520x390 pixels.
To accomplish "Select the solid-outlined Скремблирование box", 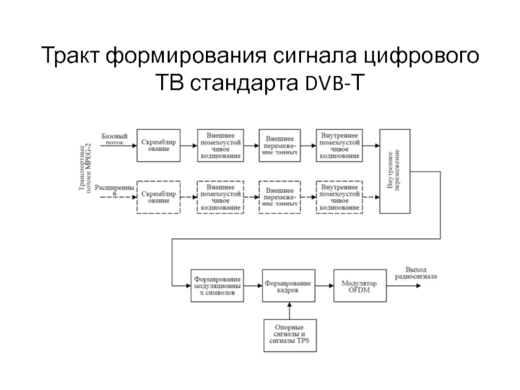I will tap(159, 145).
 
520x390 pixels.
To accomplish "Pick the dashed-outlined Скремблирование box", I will tap(159, 197).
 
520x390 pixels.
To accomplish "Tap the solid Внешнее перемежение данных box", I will tap(279, 145).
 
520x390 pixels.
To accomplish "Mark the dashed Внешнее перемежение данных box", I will tap(279, 197).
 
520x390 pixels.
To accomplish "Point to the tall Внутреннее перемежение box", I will tap(395, 170).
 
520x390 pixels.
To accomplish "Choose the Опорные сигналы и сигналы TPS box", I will tap(290, 335).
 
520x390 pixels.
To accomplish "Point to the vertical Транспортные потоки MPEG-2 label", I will tap(84, 170).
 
